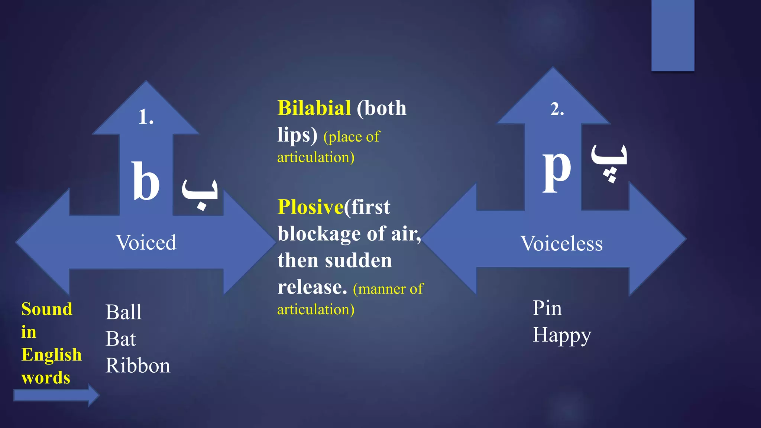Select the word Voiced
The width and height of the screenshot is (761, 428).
pos(146,243)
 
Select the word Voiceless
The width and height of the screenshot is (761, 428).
pos(561,244)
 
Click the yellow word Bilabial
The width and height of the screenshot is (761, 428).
pos(314,108)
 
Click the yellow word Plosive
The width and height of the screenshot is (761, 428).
pos(310,207)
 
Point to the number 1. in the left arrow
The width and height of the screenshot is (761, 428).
pos(146,117)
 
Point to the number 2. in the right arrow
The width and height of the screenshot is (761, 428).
pos(557,110)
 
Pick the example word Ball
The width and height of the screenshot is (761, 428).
pos(123,312)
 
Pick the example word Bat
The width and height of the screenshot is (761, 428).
pos(120,339)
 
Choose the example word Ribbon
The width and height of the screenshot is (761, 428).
pos(138,366)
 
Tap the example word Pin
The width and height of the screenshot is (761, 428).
pos(547,308)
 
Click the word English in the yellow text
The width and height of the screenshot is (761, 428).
pos(51,355)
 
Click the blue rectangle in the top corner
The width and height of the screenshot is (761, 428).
pos(673,35)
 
